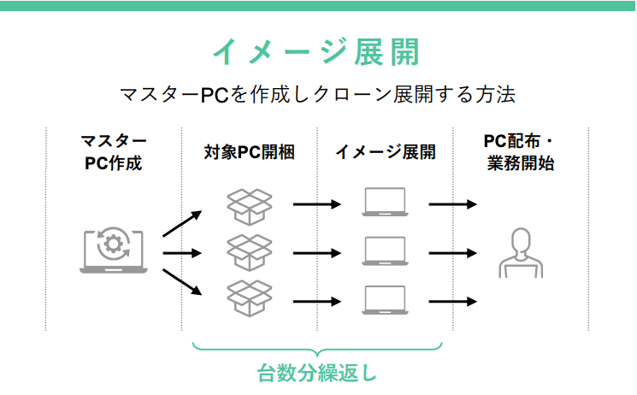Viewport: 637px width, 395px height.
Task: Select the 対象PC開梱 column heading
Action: (x=249, y=152)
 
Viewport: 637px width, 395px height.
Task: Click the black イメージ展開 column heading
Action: (x=385, y=152)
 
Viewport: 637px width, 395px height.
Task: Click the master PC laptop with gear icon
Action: (x=113, y=251)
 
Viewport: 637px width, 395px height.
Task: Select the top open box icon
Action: (x=249, y=205)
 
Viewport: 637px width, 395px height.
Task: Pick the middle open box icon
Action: (x=249, y=253)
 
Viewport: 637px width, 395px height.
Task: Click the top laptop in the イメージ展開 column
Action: (x=385, y=203)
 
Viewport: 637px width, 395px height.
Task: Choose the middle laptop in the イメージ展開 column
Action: (x=385, y=252)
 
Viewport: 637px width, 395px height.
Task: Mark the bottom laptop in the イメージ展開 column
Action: (x=385, y=301)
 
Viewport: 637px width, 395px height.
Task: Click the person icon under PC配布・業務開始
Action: (x=520, y=253)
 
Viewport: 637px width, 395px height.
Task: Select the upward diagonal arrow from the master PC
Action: (x=181, y=222)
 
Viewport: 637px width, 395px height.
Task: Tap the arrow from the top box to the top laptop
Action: (x=316, y=204)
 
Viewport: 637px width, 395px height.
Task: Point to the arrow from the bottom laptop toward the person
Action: (x=451, y=301)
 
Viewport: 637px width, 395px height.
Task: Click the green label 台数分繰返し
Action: (x=316, y=374)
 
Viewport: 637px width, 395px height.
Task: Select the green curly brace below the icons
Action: (x=316, y=348)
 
